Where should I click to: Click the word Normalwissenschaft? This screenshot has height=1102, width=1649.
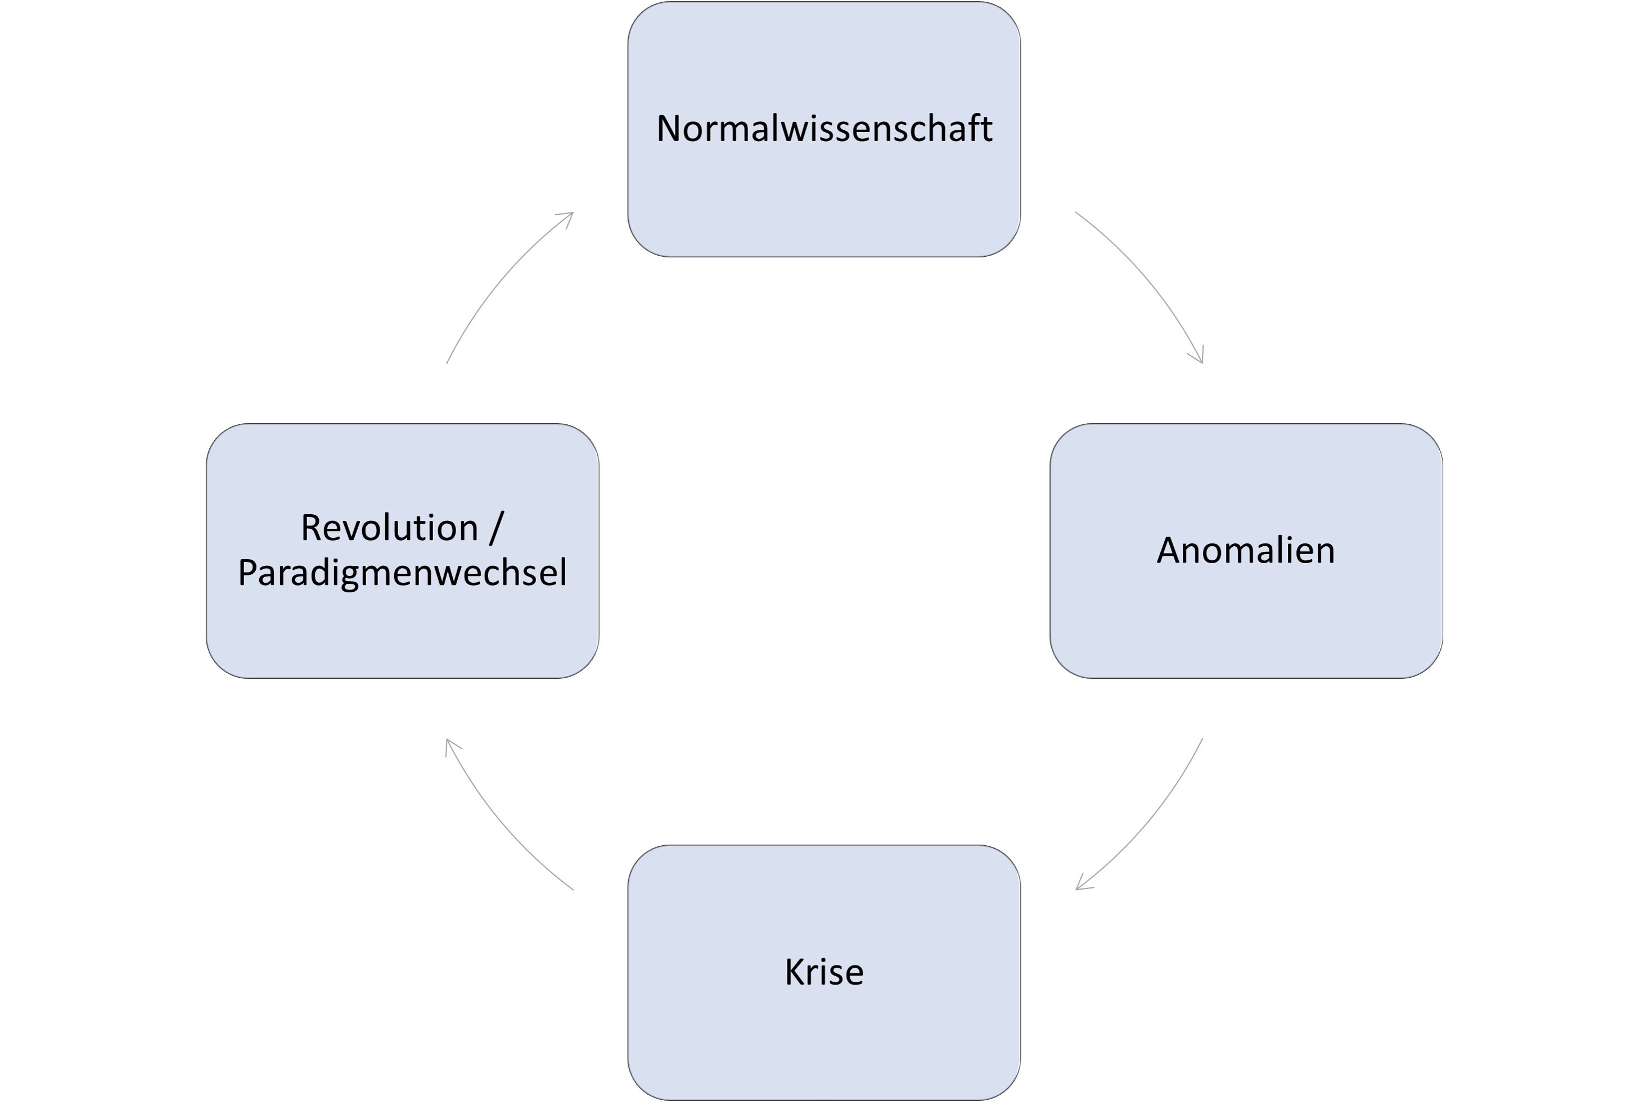[824, 129]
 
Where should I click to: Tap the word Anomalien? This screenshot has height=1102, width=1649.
[1245, 550]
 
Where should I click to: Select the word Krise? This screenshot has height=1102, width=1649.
[824, 972]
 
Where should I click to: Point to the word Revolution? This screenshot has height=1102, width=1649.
[390, 527]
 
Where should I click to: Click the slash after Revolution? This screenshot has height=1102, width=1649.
[497, 528]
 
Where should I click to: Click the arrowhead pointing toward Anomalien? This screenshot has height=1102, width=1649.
[1199, 356]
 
